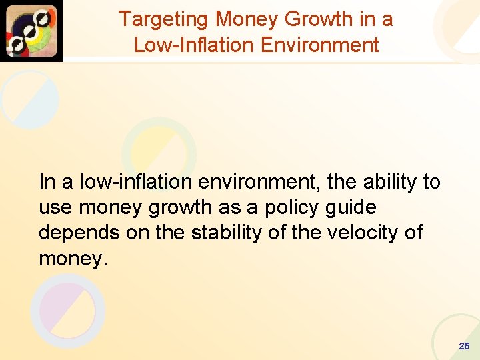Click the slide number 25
click(464, 346)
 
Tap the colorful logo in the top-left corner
click(31, 31)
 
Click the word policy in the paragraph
click(297, 207)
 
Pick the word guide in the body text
click(351, 207)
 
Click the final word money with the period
click(73, 259)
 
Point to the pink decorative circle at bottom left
click(67, 311)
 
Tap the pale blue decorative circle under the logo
click(30, 99)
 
